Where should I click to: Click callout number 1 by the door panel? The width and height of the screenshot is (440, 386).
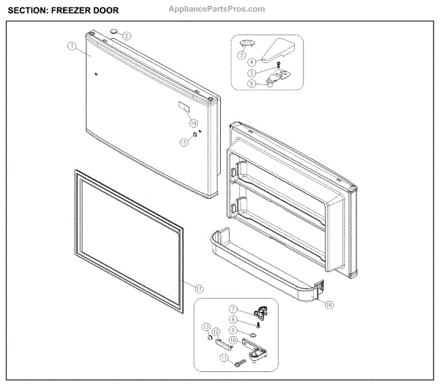pyautogui.click(x=72, y=46)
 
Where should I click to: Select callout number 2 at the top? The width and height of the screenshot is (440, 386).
pyautogui.click(x=126, y=35)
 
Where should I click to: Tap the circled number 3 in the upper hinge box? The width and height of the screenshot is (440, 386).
pyautogui.click(x=241, y=55)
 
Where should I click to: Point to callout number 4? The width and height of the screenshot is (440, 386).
pyautogui.click(x=251, y=62)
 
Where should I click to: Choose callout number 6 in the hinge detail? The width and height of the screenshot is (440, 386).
pyautogui.click(x=251, y=83)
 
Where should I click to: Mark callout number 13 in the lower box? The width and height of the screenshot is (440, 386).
pyautogui.click(x=207, y=327)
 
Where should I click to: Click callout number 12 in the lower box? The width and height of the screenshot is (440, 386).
pyautogui.click(x=216, y=332)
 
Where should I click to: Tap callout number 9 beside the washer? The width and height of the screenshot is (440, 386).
pyautogui.click(x=233, y=330)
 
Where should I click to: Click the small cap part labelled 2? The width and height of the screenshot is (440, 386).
pyautogui.click(x=115, y=32)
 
